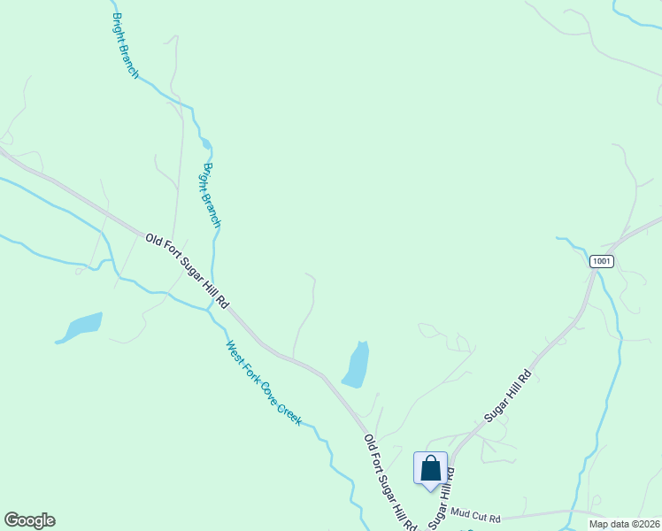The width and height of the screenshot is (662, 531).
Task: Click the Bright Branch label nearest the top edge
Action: pos(126,46)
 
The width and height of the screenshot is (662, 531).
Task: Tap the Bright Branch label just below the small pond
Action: pos(212,195)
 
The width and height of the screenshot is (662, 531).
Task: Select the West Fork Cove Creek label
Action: pos(264,383)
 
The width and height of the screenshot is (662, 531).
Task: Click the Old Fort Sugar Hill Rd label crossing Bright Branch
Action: pos(187,270)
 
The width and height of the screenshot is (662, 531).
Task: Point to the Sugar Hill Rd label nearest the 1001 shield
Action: pos(507,396)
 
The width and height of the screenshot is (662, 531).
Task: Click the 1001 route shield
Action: pos(601,261)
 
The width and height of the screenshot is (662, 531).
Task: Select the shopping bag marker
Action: pos(430,468)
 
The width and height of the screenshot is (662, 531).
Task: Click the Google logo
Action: pos(29,520)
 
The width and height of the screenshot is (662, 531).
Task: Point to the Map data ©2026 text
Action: pos(623,524)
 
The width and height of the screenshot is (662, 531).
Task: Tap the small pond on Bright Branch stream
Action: pos(206,143)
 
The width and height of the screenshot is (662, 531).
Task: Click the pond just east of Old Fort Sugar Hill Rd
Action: pos(356,365)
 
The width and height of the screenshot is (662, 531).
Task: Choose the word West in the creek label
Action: pos(235,351)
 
